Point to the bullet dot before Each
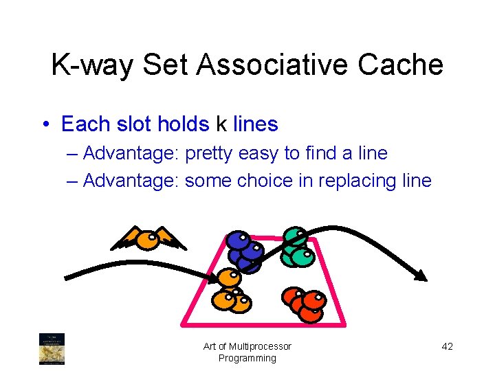45,124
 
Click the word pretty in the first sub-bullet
209,153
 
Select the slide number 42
447,346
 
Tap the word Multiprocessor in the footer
259,346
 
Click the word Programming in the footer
247,358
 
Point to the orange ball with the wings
147,239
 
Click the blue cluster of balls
245,251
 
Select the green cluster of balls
297,247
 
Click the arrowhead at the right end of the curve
419,275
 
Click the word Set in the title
170,65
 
